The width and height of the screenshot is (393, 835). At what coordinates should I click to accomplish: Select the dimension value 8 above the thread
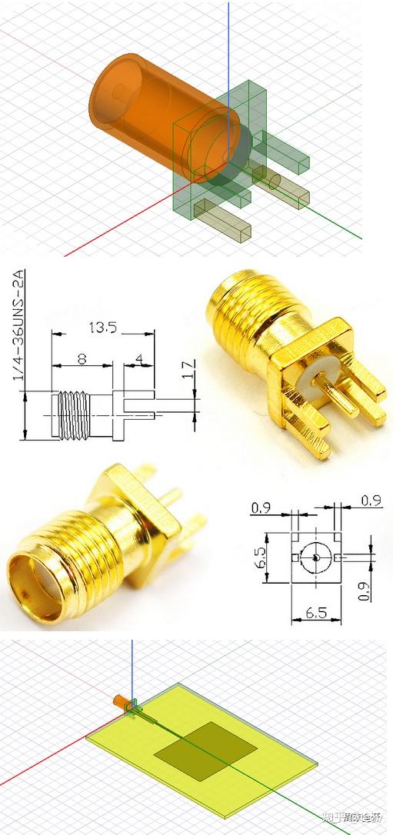tap(82, 360)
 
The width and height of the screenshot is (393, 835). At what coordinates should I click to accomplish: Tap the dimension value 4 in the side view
tap(139, 360)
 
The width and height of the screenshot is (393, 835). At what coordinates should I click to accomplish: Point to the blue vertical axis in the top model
tap(228, 38)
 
